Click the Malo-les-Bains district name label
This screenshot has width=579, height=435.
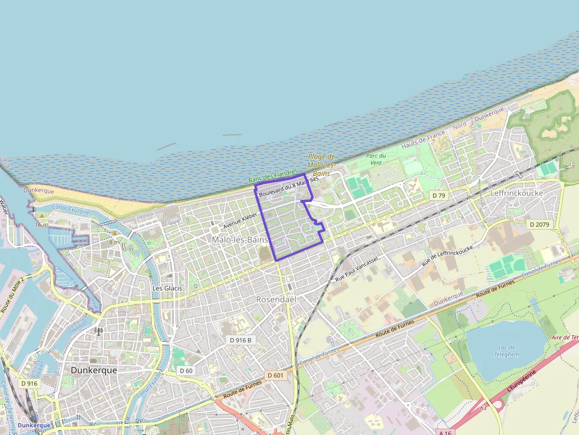tap(240, 240)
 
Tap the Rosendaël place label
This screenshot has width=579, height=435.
tap(275, 299)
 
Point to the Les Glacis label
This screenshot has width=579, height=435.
tap(167, 288)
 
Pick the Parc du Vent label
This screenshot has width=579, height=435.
tap(376, 159)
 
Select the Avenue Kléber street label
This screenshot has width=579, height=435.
tap(240, 221)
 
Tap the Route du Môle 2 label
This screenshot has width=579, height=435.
tap(12, 295)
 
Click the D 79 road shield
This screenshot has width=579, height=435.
tap(438, 195)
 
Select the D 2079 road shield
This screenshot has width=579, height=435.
tap(539, 224)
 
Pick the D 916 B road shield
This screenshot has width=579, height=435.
tap(240, 340)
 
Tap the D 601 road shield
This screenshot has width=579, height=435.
tap(275, 375)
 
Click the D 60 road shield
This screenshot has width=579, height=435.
tap(186, 371)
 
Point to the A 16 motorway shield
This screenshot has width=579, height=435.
tap(446, 431)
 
